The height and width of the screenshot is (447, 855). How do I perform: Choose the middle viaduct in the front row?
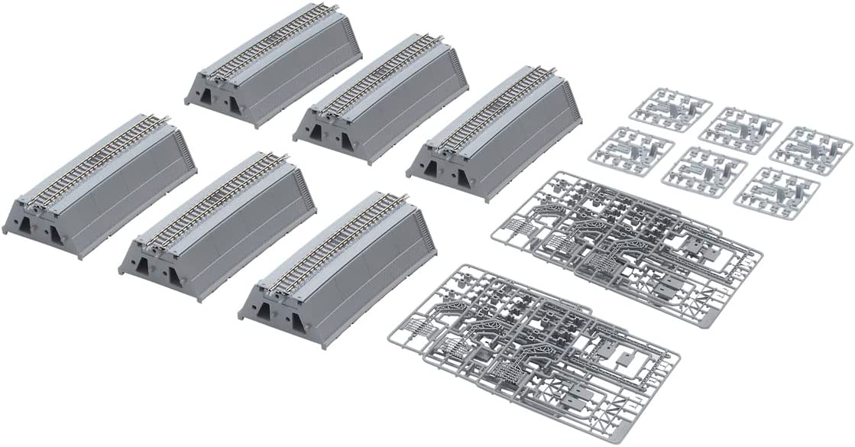(218, 222)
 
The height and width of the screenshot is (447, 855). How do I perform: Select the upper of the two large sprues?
(627, 245)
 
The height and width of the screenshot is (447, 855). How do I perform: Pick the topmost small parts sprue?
(670, 109)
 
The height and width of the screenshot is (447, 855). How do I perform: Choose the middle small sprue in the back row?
(740, 128)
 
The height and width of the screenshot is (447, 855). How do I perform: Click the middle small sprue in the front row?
(703, 170)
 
